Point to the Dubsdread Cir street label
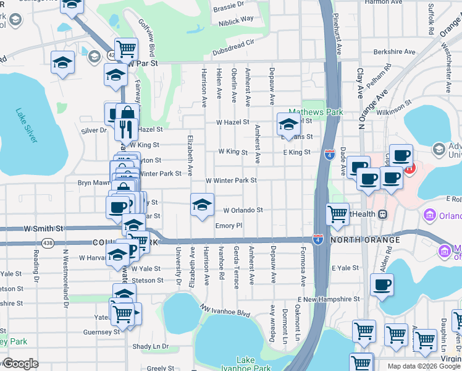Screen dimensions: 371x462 (x=233, y=43)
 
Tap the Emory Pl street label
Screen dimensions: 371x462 (x=229, y=226)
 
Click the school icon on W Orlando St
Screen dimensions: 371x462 (x=202, y=205)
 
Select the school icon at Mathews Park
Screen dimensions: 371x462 (x=288, y=124)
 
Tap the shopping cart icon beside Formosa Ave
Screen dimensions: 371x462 (x=337, y=214)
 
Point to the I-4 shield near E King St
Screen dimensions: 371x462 (x=330, y=152)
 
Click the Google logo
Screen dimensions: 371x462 (x=20, y=364)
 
